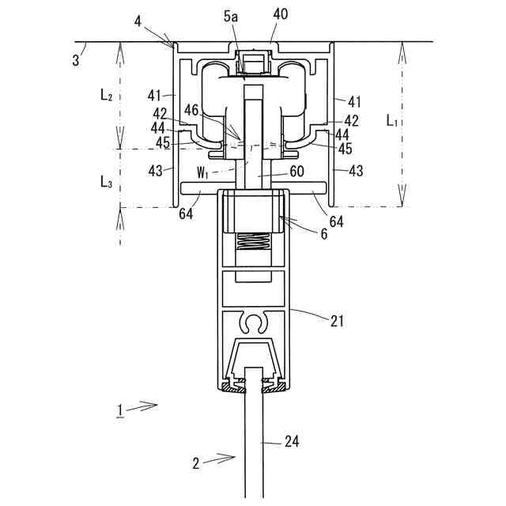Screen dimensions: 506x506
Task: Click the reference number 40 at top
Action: tap(280, 14)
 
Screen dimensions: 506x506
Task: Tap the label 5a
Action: tap(231, 17)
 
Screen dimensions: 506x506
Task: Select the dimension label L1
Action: tap(392, 121)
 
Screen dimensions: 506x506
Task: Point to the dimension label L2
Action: tap(106, 95)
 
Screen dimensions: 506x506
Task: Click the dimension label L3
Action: tap(106, 183)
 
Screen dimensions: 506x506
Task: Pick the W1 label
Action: tap(202, 173)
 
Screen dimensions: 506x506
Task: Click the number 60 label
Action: tap(297, 172)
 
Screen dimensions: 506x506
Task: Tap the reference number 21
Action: tap(337, 322)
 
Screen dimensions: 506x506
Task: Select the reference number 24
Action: tap(292, 441)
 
